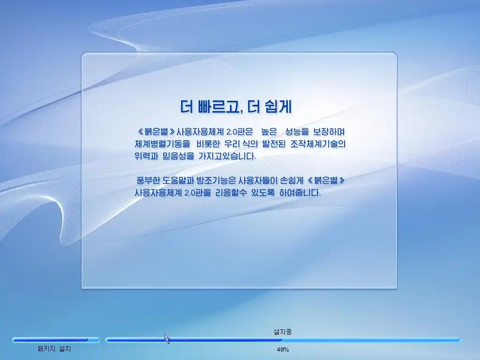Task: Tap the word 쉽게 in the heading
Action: [279, 106]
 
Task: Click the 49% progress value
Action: [283, 349]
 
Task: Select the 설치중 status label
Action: [283, 331]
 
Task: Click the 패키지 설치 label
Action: [54, 349]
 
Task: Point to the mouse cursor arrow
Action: [167, 338]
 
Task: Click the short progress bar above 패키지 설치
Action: [56, 340]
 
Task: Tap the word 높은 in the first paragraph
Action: [269, 132]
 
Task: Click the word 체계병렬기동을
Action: [162, 144]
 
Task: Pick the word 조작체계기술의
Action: [318, 144]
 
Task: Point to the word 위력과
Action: [146, 156]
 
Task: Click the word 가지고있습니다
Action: [227, 156]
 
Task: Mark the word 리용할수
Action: [231, 193]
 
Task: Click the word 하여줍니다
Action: [300, 193]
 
